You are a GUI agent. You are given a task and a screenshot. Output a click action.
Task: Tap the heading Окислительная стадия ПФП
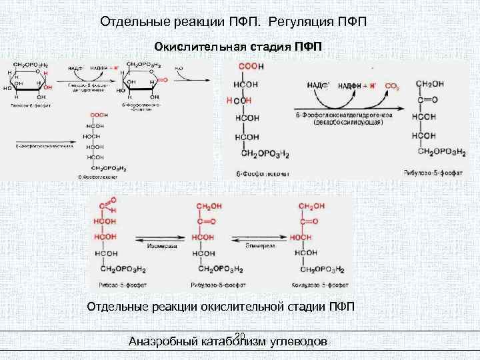click(238, 47)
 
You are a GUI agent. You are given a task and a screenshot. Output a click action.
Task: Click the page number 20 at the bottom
click(241, 335)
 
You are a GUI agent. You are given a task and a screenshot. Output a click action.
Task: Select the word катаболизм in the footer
click(235, 341)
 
